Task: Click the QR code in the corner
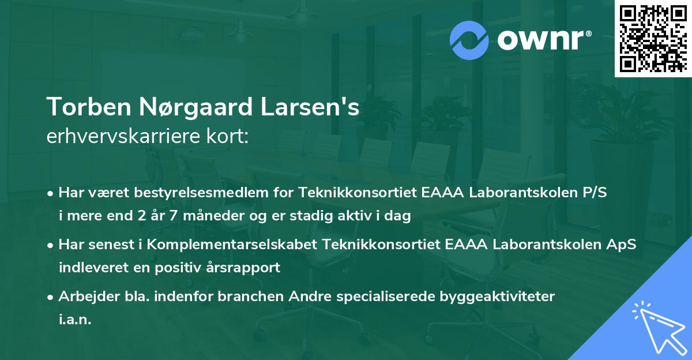(653, 39)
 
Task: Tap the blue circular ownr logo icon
(470, 40)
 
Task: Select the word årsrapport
(246, 268)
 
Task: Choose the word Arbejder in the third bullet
(84, 297)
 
